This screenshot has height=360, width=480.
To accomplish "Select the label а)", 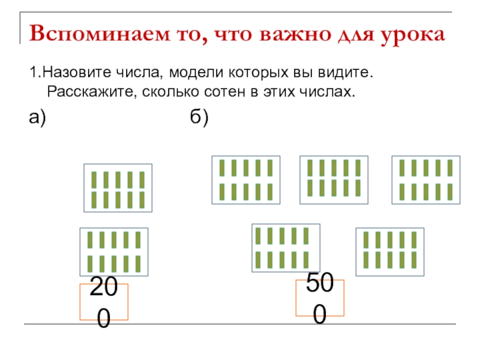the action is [x=38, y=119].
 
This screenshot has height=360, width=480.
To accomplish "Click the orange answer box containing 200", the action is [x=104, y=302].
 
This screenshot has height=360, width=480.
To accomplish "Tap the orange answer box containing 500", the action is [x=320, y=298].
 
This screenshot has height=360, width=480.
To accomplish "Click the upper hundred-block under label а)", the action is [x=118, y=188].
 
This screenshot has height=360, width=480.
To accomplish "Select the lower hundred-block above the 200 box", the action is [x=114, y=252].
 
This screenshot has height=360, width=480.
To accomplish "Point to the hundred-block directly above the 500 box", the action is [x=286, y=248].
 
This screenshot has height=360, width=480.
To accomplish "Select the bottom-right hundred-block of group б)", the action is [x=390, y=252].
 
